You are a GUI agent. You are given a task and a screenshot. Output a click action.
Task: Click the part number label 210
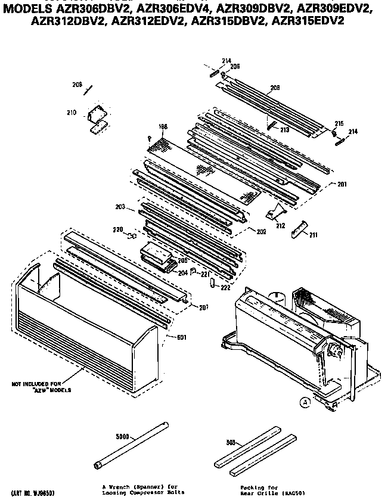coord(72,111)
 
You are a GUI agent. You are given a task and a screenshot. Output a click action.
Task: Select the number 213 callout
coord(284,129)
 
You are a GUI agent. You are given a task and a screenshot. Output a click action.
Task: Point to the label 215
coord(339,123)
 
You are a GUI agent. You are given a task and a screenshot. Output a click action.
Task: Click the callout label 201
coord(342,184)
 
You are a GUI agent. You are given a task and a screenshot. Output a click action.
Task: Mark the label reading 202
coord(260,231)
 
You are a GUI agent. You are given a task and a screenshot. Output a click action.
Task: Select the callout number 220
coord(119,229)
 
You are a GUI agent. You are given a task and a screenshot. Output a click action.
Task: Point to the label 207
coord(204,308)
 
